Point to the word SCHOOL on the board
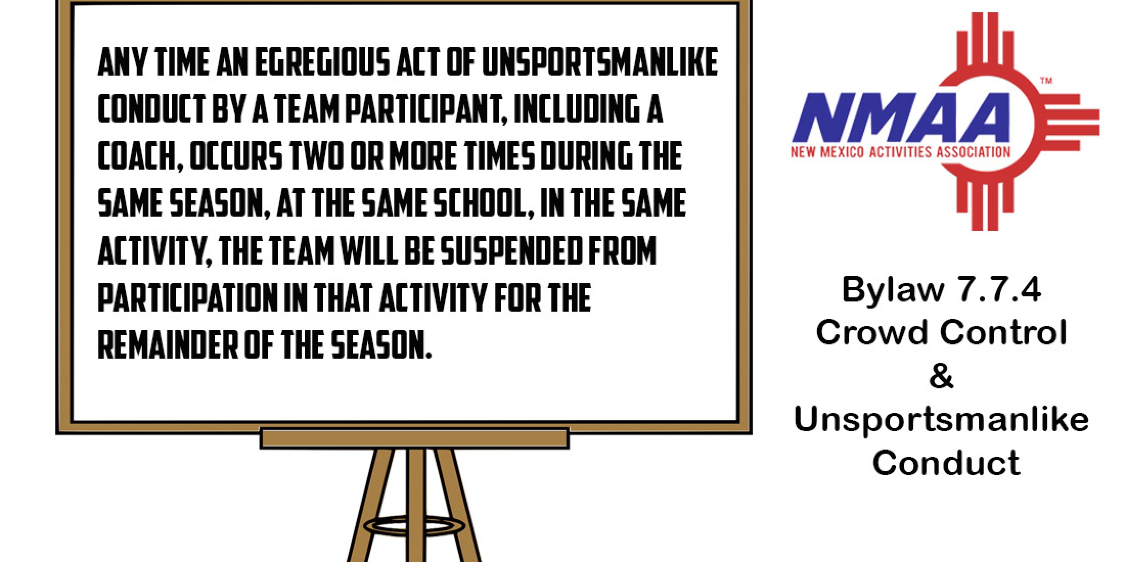[483, 203]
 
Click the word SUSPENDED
[511, 251]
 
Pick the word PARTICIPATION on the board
[186, 298]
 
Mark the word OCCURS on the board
[236, 156]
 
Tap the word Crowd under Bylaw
[871, 333]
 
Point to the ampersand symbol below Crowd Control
[941, 376]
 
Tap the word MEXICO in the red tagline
[838, 152]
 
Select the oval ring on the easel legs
[414, 525]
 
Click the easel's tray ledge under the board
[414, 438]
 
